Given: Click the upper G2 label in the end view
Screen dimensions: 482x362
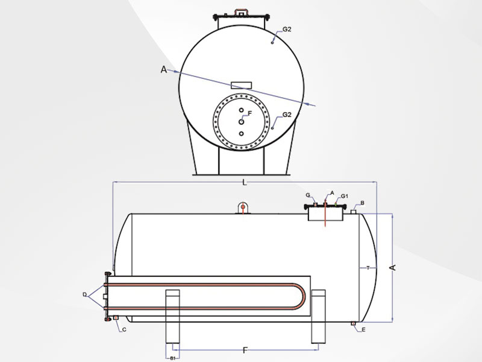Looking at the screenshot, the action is (x=287, y=30).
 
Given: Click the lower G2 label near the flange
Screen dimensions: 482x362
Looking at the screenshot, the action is (x=287, y=115).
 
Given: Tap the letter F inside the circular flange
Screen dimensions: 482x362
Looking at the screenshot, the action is (x=249, y=113).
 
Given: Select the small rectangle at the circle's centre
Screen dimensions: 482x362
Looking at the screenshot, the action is (x=242, y=85).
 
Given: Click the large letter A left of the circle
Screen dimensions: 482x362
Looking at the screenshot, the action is (x=164, y=70).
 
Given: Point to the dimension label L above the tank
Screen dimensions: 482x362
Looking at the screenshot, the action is (x=245, y=183).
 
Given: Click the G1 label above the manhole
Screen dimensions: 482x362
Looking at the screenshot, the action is (x=344, y=196).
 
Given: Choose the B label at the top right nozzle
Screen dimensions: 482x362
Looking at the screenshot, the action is (x=363, y=203).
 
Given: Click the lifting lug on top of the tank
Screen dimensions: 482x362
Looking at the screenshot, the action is (x=243, y=208).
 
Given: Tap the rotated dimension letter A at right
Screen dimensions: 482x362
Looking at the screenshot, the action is (x=393, y=267).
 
